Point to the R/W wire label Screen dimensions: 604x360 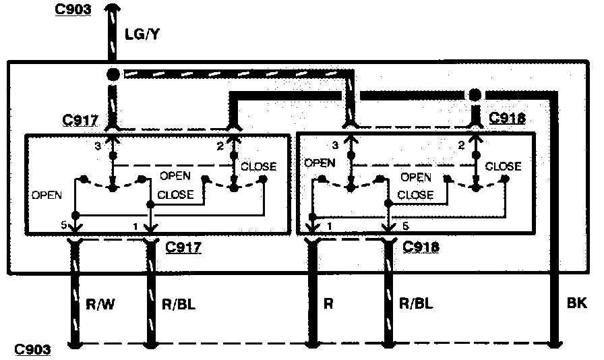point(102,304)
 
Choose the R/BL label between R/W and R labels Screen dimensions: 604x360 point(179,304)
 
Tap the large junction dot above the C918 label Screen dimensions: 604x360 point(475,94)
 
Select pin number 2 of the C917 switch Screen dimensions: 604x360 point(220,146)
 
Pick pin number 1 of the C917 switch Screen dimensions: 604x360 point(136,226)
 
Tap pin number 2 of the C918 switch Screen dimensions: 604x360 point(462,144)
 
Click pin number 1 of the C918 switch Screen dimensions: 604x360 point(328,226)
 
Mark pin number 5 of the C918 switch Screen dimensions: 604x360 point(404,226)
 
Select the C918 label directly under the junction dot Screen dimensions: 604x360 point(507,118)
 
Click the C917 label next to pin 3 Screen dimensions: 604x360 point(80,121)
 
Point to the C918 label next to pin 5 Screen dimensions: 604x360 point(421,247)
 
